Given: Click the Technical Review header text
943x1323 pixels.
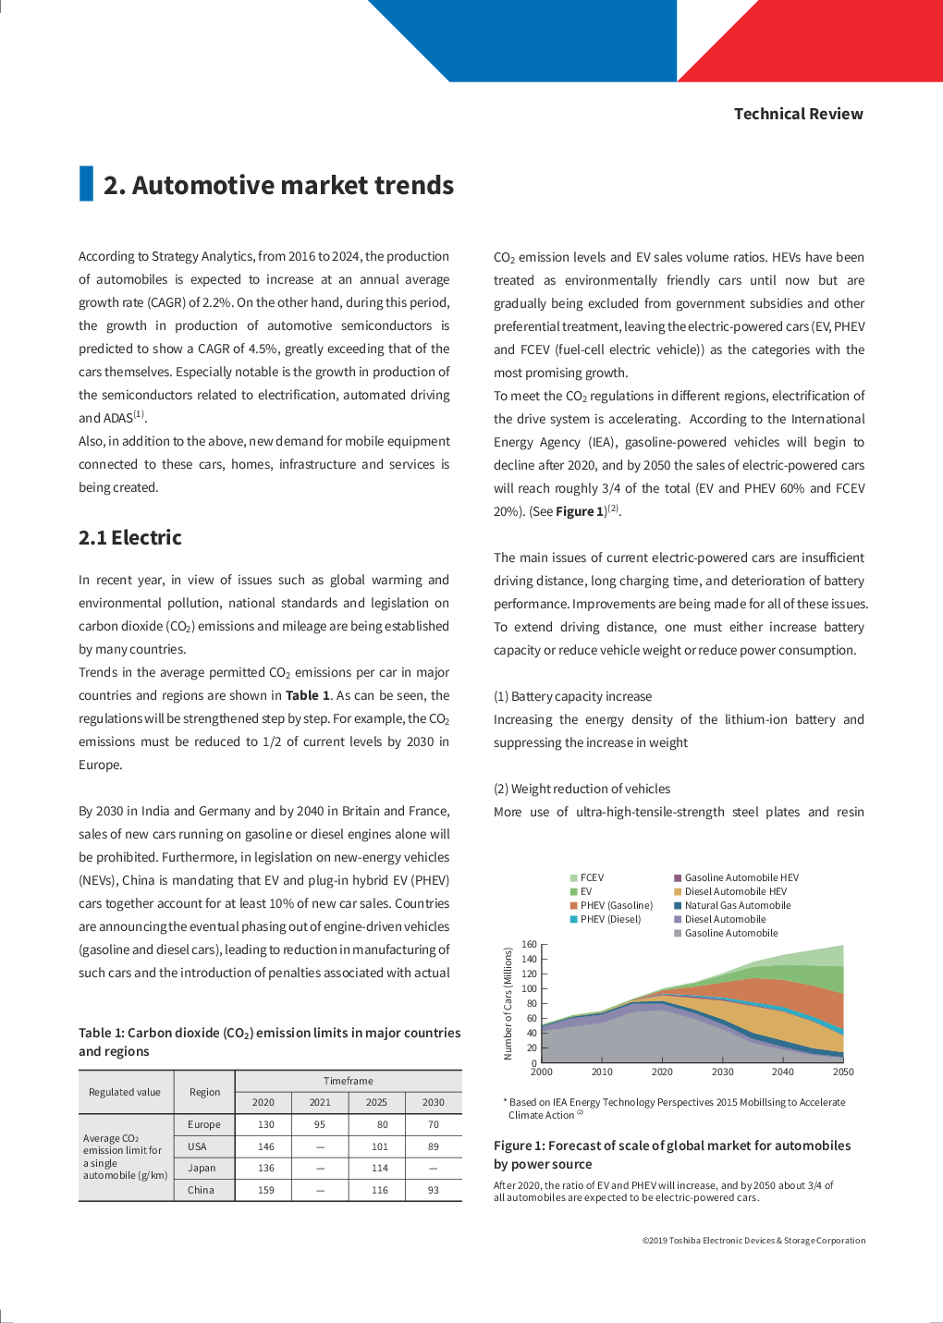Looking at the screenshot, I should point(798,114).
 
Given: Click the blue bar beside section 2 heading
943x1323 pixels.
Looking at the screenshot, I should point(86,183).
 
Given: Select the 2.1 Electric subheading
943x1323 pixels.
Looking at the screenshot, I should point(130,538).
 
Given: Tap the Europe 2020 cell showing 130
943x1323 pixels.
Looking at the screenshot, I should point(266,1125).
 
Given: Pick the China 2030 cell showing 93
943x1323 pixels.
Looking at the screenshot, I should point(434,1190).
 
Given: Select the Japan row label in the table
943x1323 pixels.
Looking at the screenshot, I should point(202,1168).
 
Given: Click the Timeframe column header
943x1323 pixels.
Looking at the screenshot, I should point(349,1081).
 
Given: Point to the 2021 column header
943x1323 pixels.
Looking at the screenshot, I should point(320,1102).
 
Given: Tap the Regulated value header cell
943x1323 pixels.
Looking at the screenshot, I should point(125,1092).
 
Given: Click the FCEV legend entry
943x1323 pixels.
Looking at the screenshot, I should point(592,877).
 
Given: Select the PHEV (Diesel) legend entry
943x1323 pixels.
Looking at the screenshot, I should point(610,919).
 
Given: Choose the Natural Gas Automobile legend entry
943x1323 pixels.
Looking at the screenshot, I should point(737,905).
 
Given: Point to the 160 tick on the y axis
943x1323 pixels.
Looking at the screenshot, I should point(530,944).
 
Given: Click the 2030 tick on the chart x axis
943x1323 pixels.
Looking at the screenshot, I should point(723,1072).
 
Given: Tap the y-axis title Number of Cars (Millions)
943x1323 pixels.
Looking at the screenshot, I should point(508,1003).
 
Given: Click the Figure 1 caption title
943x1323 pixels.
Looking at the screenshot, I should point(672,1155).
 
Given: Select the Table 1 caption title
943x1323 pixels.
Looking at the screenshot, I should point(269,1042).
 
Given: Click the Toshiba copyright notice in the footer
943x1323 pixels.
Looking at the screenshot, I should point(753,1241).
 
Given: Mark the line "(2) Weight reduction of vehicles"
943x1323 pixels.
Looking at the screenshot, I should point(582,789).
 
